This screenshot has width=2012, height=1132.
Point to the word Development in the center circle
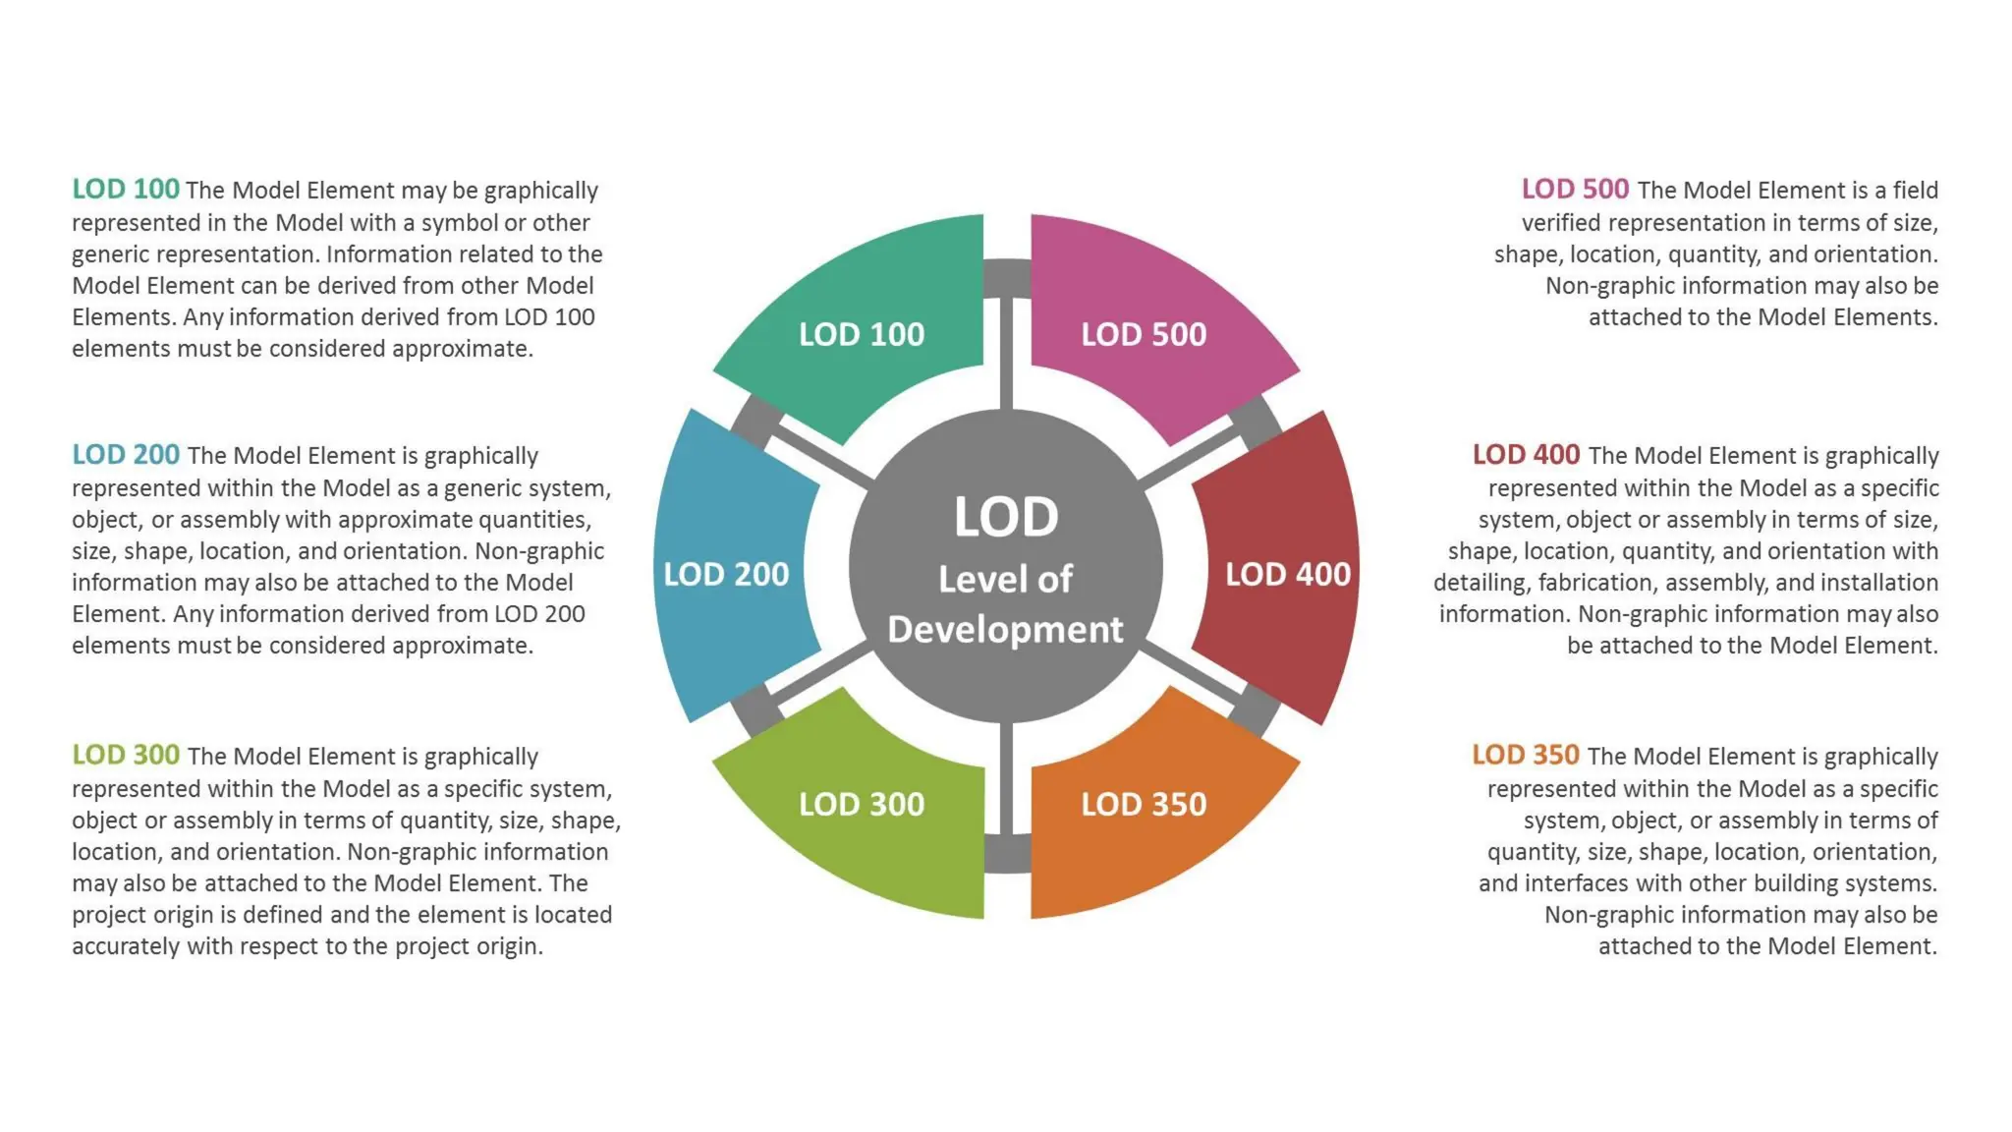(x=1005, y=630)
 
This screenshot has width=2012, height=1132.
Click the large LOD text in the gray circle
(x=1006, y=517)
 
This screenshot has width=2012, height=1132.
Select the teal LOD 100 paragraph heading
(x=126, y=189)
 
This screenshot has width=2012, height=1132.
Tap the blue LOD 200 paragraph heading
(x=126, y=454)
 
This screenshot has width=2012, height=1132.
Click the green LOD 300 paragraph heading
(x=126, y=755)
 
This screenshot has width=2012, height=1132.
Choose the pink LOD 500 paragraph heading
(x=1575, y=189)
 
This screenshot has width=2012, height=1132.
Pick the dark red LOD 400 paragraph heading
(x=1526, y=454)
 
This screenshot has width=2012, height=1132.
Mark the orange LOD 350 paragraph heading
(x=1525, y=755)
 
